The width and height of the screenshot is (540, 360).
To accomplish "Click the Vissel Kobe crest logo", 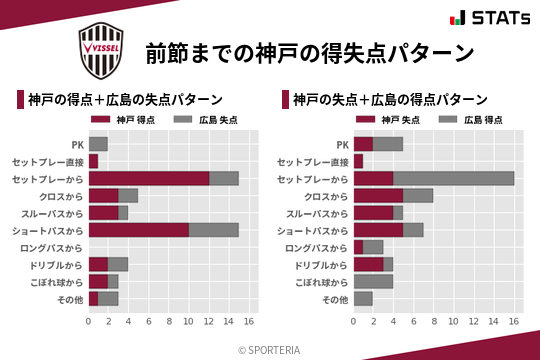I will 100,52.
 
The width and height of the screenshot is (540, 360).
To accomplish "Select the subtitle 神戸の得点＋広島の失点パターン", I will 124,100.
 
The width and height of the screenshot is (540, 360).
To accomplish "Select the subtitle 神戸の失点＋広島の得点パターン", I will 390,100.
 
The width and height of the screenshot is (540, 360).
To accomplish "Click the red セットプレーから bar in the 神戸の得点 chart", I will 149,178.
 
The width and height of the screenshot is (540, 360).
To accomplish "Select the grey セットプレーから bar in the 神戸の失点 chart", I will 454,178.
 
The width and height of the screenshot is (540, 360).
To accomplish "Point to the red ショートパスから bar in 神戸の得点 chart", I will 139,229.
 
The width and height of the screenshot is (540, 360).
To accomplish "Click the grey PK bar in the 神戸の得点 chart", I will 98,144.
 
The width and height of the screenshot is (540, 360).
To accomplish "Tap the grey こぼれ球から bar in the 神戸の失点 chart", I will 373,281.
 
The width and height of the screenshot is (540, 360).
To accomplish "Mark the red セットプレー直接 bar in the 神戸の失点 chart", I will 358,161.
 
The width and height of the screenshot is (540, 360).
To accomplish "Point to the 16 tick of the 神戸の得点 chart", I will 249,322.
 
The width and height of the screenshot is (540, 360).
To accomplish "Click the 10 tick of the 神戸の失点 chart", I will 454,322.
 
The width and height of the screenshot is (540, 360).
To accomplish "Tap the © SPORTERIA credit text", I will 270,349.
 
